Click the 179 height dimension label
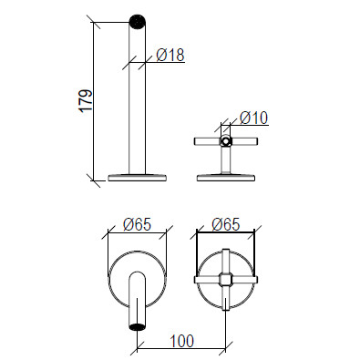[86, 101]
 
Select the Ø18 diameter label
[170, 55]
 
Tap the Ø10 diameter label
[254, 118]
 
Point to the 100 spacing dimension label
[181, 341]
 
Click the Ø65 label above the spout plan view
[137, 225]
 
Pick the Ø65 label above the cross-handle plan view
[226, 224]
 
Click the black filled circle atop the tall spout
[138, 22]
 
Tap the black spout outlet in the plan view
[137, 326]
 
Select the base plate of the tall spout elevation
[137, 178]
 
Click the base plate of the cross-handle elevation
[225, 178]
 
